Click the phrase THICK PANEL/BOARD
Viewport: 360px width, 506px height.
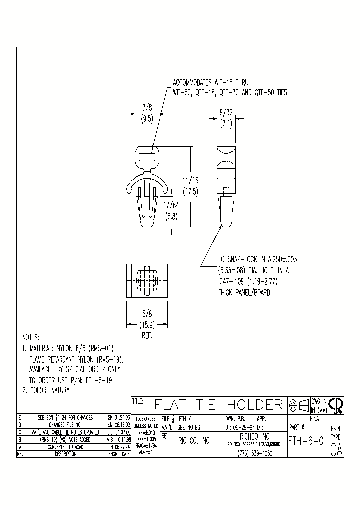point(244,293)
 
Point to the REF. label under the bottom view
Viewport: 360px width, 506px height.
point(146,336)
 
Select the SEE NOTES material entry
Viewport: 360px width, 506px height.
point(188,428)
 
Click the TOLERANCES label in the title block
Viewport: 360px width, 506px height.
point(145,419)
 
